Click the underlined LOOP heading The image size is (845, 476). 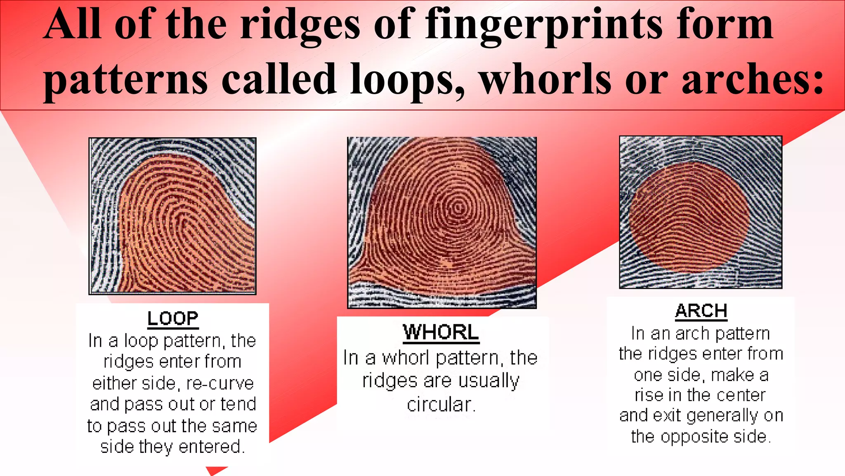coord(172,319)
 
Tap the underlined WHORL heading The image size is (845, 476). coord(441,332)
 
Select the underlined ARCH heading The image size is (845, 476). coord(701,311)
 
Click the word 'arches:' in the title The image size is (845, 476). coord(752,79)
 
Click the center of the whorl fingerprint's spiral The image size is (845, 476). coord(457,207)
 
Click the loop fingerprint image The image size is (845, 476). coord(172,216)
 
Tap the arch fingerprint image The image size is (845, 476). coord(701,212)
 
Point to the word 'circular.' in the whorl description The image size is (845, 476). coord(441,405)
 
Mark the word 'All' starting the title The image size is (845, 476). coord(72,26)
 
